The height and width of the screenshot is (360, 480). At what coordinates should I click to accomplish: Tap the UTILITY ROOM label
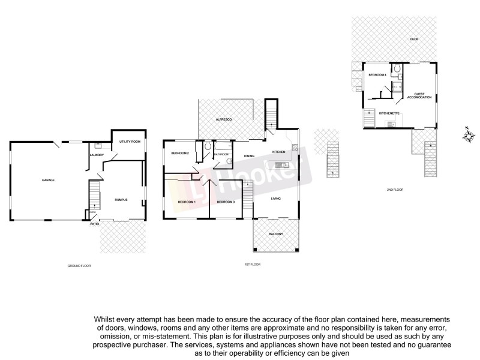[130, 142]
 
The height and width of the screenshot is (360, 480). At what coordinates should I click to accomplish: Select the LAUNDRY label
[97, 155]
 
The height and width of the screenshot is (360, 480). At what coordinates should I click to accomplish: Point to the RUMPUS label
[121, 193]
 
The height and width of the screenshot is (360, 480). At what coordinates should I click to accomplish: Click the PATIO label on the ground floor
[94, 224]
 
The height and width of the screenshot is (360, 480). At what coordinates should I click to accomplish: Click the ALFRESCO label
[224, 121]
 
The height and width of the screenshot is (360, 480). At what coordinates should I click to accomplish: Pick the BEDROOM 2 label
[179, 154]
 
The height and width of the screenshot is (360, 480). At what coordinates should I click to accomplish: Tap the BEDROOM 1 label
[186, 202]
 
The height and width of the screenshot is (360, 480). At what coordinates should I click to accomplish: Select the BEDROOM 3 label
[225, 202]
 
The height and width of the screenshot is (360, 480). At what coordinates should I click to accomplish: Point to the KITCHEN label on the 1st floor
[279, 152]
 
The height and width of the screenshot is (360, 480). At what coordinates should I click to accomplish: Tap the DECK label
[414, 39]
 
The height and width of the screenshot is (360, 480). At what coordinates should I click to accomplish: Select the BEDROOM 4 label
[377, 74]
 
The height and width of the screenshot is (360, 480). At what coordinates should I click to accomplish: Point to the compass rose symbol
[467, 136]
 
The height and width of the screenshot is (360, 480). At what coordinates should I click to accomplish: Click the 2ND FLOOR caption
[395, 190]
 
